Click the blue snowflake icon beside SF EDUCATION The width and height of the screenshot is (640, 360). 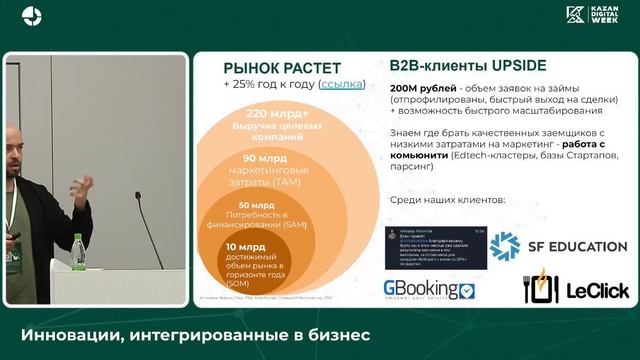click(x=505, y=246)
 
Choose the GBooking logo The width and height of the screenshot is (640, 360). click(x=430, y=290)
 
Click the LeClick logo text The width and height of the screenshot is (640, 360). click(x=598, y=290)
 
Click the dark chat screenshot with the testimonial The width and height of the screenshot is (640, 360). click(x=431, y=247)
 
